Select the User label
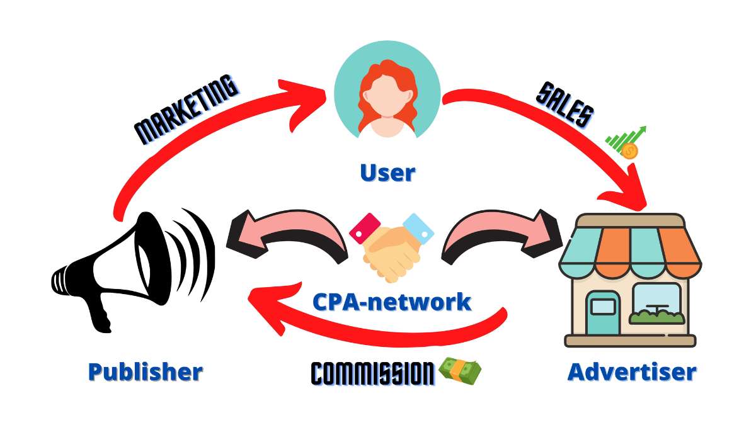point(387,171)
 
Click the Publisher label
point(145,371)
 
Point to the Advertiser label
point(632,371)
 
